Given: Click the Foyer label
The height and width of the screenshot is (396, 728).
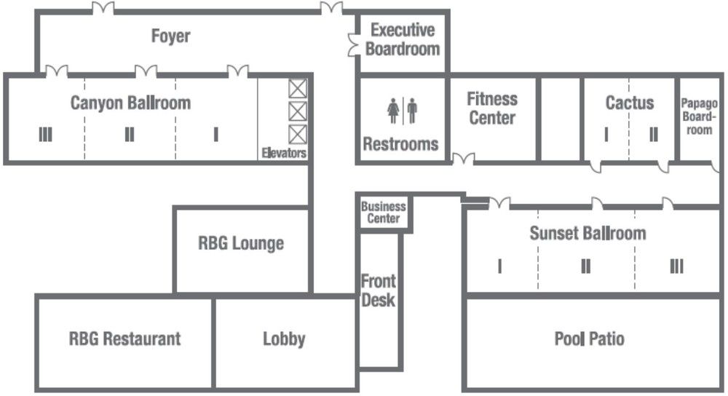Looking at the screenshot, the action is [x=171, y=36].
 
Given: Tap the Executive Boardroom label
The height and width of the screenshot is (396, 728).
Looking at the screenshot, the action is [x=403, y=39].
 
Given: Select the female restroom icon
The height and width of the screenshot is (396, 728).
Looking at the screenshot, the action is [x=393, y=111].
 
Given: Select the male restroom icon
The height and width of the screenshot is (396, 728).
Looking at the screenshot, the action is [x=412, y=111].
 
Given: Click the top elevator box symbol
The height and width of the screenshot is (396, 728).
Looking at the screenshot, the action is [x=298, y=89].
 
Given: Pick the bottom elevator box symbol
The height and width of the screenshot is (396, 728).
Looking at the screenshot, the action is [x=298, y=135].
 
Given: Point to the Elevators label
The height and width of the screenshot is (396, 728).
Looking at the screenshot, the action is [x=284, y=153].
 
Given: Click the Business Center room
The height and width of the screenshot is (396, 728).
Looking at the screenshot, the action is [x=384, y=213].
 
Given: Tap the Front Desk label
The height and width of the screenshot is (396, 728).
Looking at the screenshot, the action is [x=379, y=290].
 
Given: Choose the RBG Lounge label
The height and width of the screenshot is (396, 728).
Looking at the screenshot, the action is [x=241, y=243].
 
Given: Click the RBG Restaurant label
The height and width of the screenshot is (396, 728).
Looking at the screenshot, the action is [x=125, y=338].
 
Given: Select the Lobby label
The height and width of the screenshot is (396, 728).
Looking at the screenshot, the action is [x=284, y=339].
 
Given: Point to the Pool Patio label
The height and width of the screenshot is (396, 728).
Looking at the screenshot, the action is [x=589, y=338].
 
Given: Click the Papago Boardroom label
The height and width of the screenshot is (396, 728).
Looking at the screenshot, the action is [x=699, y=116].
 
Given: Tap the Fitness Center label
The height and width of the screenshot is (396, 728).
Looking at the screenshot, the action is [x=492, y=108].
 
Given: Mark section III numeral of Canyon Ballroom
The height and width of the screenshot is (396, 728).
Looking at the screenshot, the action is [x=45, y=135].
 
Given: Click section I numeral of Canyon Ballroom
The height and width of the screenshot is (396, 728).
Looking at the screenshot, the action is [x=216, y=135].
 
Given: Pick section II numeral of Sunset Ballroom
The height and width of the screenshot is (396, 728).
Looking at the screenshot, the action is [x=586, y=266].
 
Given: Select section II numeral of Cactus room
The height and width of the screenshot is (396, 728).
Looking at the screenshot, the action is [x=654, y=135].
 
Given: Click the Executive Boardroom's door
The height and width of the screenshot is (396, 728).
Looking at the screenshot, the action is [x=354, y=45].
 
